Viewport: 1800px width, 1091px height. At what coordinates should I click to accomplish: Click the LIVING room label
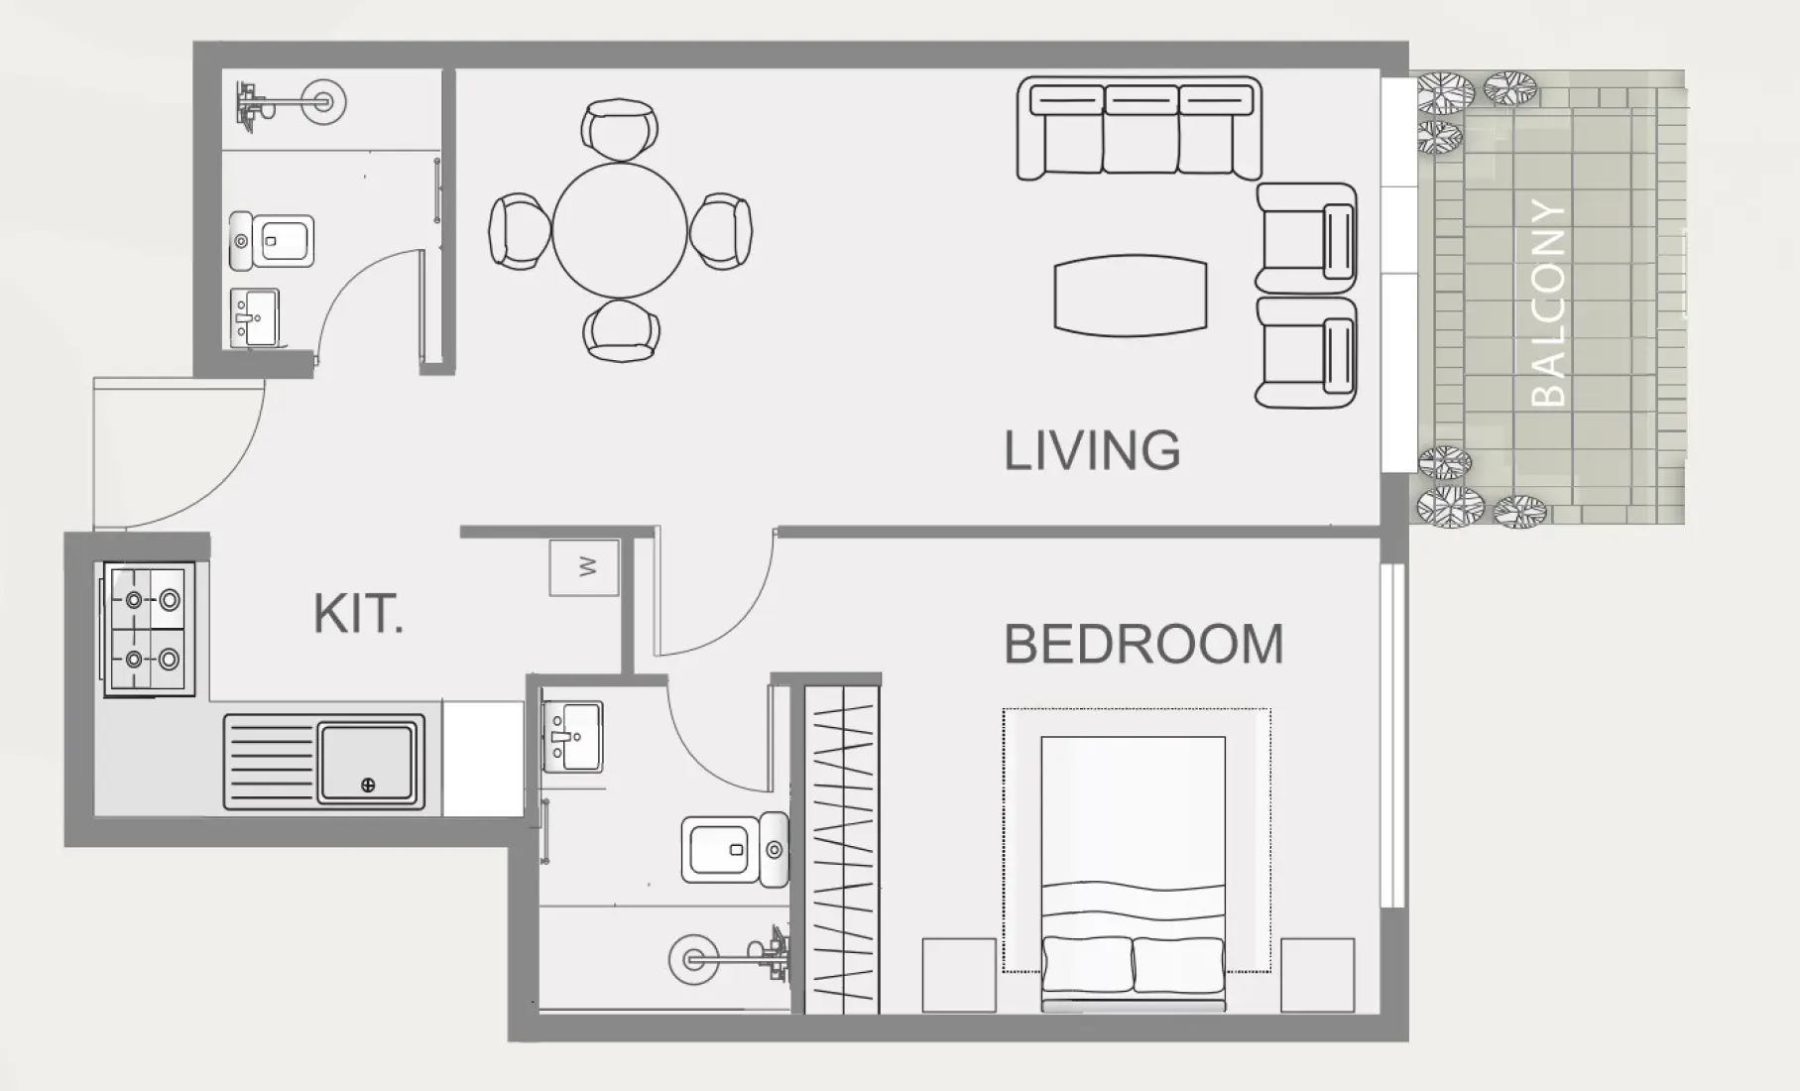pos(1092,450)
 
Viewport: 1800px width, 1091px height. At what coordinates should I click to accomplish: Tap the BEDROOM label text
pos(1143,644)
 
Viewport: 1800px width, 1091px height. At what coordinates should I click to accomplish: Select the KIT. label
pos(358,613)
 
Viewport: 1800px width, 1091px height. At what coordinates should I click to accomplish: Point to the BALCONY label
pos(1548,303)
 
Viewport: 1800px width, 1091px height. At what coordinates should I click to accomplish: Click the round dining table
pos(619,230)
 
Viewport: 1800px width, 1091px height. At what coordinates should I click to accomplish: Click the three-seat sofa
pos(1140,129)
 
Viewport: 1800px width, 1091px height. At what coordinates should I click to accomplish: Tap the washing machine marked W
pos(584,567)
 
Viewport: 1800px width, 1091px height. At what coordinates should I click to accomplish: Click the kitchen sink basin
pos(366,763)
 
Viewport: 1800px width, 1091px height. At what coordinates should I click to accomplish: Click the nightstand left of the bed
pos(959,975)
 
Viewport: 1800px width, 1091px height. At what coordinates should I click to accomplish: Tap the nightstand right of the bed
pos(1318,975)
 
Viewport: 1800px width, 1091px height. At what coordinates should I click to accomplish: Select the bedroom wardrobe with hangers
pos(842,849)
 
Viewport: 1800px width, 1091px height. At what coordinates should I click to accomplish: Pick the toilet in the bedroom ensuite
pos(735,850)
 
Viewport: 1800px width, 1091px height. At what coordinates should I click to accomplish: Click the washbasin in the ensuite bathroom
pos(572,737)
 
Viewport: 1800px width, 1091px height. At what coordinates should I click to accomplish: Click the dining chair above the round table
pos(620,129)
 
